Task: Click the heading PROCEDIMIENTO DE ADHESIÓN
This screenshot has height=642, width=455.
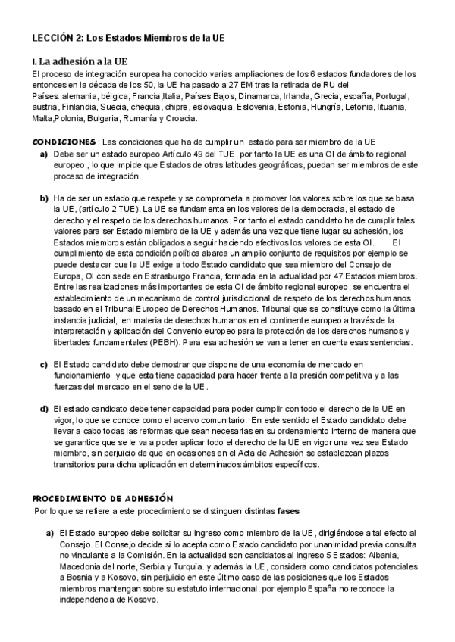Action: coord(103,498)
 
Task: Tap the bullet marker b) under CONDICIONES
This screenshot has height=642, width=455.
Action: coord(44,198)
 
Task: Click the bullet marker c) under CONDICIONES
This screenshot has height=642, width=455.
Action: coord(44,365)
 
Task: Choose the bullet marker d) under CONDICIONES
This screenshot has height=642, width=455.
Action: coord(44,409)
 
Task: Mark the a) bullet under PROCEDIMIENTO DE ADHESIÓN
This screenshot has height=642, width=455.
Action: coord(50,533)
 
